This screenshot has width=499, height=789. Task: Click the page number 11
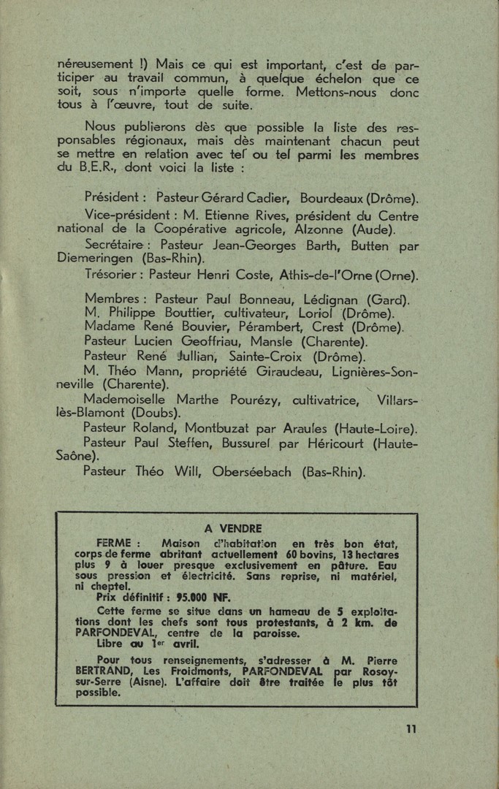[x=411, y=728]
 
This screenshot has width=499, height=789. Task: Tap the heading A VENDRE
[x=233, y=528]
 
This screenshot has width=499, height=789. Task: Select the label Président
[x=115, y=197]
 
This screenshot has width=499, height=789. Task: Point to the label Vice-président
[x=125, y=216]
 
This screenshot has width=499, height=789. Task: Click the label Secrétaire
[x=118, y=245]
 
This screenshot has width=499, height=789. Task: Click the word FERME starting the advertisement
[x=113, y=544]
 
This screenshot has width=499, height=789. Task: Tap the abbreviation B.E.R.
[x=96, y=168]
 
